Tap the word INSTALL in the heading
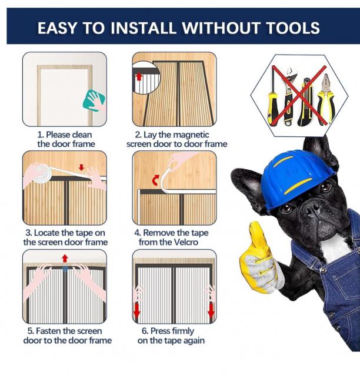tap(143, 28)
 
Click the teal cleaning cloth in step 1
tap(94, 100)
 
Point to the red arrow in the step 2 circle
tap(139, 77)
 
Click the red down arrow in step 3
tap(81, 167)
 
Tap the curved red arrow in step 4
tap(156, 180)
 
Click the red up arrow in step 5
tap(65, 258)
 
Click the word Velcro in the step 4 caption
tap(186, 242)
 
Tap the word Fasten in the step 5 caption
tap(47, 331)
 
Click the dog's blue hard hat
tap(298, 178)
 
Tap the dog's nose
tap(312, 206)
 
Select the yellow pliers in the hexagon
tap(325, 99)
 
